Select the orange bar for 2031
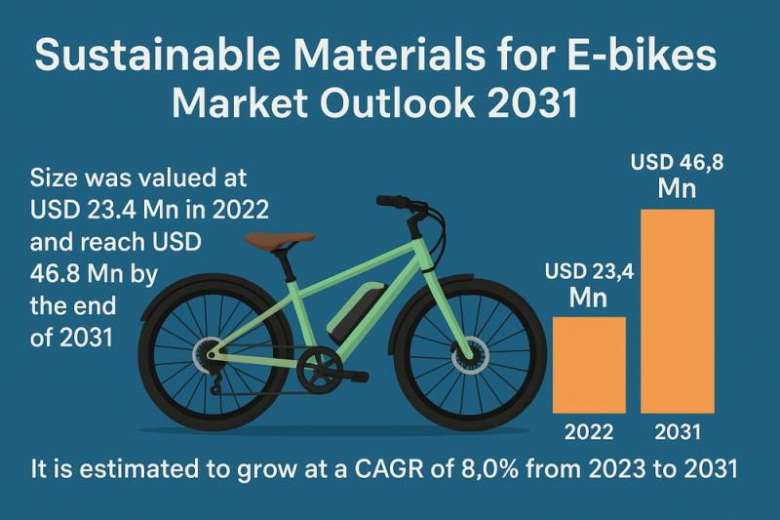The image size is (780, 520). [677, 309]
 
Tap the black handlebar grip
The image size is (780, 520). [392, 202]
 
